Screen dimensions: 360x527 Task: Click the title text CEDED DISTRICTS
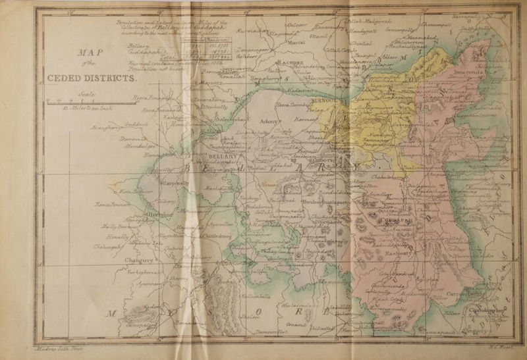click(x=92, y=77)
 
